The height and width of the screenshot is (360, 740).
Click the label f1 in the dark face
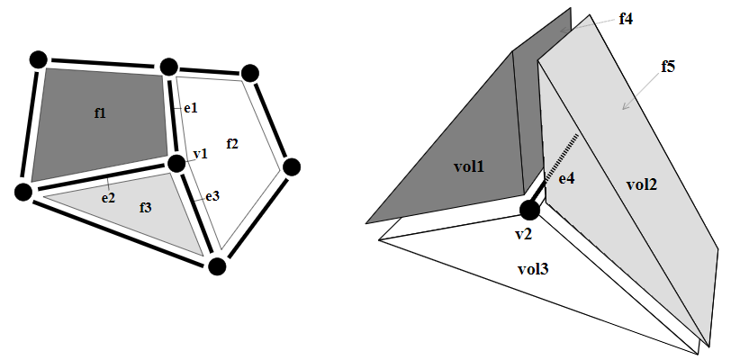click(x=100, y=112)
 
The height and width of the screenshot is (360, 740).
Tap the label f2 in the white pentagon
click(x=232, y=143)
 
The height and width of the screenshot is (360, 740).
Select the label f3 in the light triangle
click(x=146, y=207)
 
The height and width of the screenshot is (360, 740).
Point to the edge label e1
click(x=190, y=108)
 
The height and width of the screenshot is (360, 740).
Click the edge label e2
click(x=107, y=195)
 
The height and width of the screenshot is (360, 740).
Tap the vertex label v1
click(x=200, y=154)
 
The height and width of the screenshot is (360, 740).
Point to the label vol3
click(x=535, y=268)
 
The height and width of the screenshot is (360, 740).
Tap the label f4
click(x=627, y=17)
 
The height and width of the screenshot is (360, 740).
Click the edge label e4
click(x=567, y=179)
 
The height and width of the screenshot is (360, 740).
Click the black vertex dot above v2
click(x=529, y=211)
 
